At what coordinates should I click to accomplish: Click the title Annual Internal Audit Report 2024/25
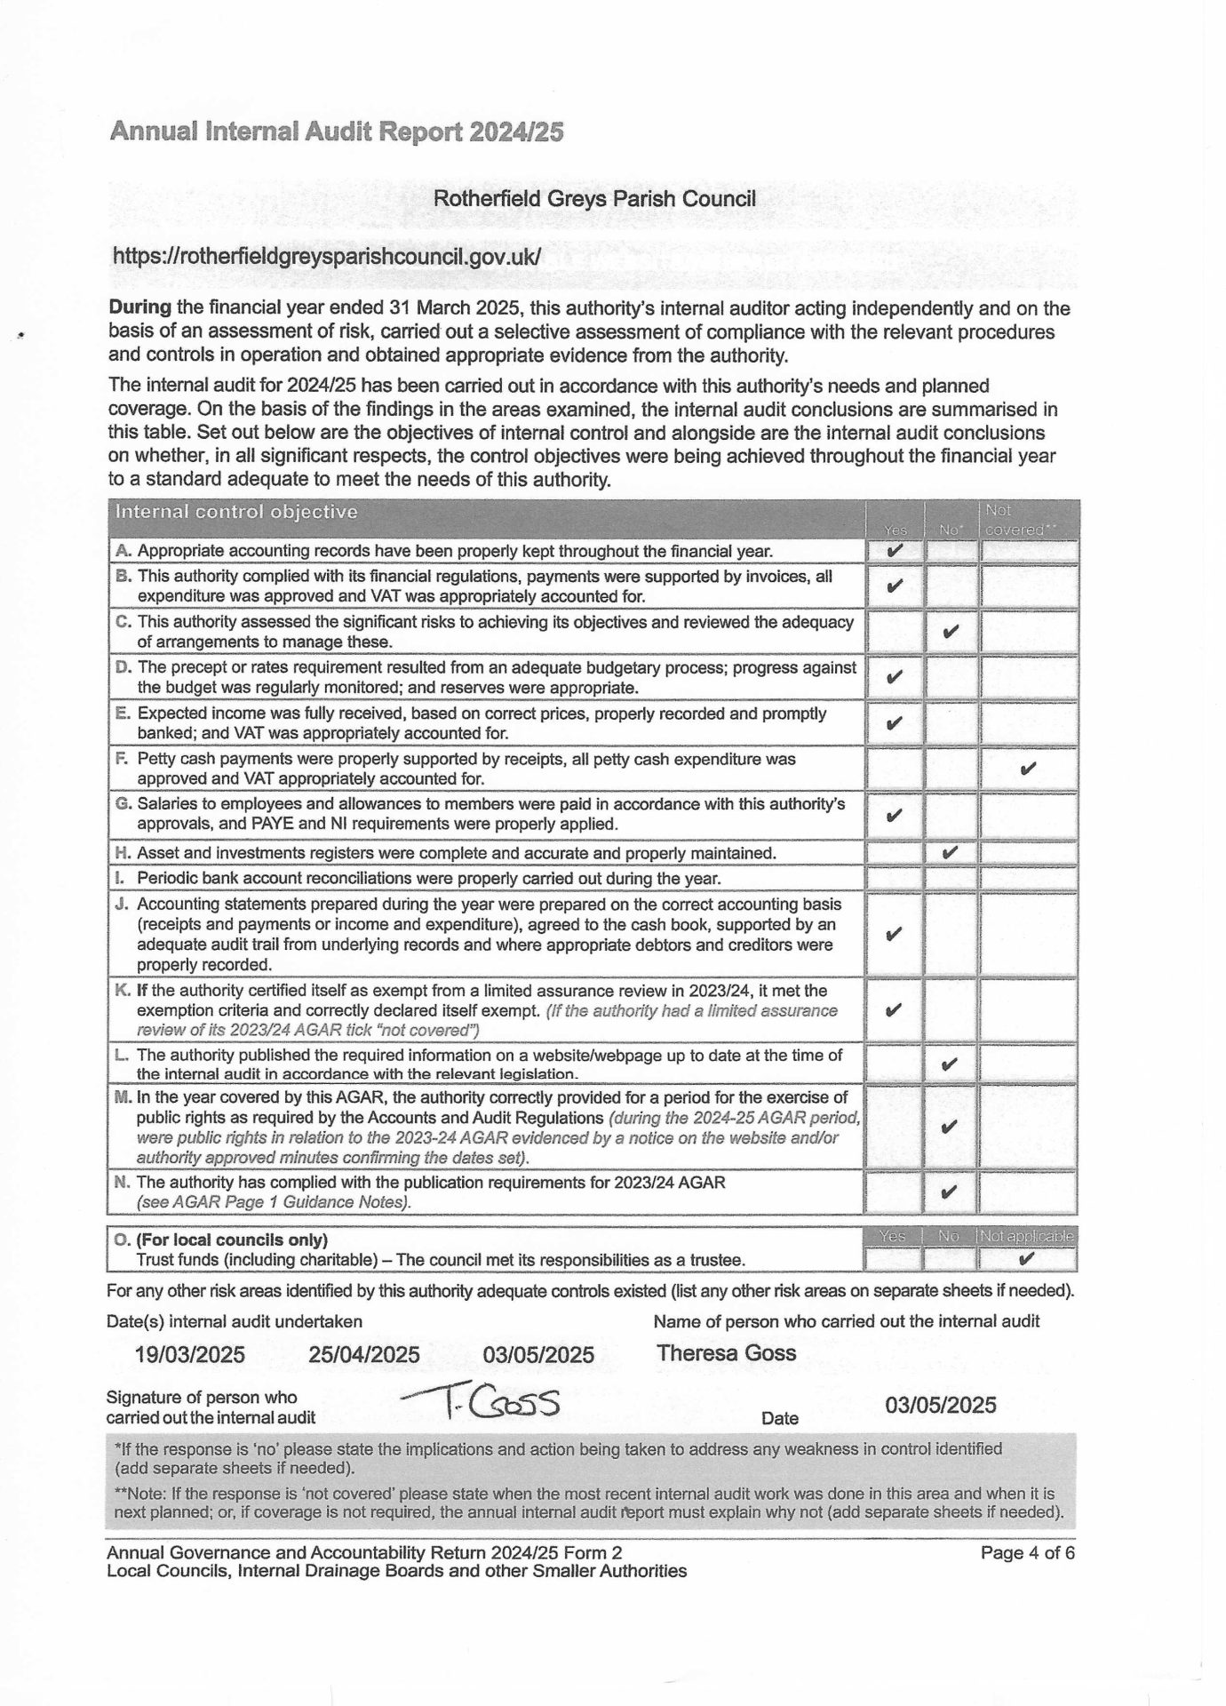(x=336, y=132)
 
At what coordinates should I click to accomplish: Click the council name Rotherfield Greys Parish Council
(x=594, y=198)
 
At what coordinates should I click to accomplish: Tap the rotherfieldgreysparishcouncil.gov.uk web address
(x=325, y=256)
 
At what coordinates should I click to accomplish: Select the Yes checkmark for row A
(x=895, y=551)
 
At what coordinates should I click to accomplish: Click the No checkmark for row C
(x=950, y=632)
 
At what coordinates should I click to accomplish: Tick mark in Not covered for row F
(x=1029, y=768)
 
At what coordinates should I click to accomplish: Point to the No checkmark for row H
(x=950, y=852)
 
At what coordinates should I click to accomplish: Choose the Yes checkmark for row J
(x=895, y=934)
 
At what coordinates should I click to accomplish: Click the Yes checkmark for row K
(x=895, y=1010)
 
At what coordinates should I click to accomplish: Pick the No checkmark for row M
(x=950, y=1127)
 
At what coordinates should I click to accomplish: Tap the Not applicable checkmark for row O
(x=1028, y=1259)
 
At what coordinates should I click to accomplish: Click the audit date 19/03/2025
(x=190, y=1354)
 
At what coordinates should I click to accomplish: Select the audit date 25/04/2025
(x=364, y=1354)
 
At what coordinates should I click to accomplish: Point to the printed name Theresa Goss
(x=726, y=1353)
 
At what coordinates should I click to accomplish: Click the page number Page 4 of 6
(x=1027, y=1553)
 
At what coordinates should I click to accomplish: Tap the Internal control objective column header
(x=237, y=513)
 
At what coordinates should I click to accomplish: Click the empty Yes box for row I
(x=895, y=878)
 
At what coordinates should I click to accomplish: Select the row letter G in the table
(x=123, y=804)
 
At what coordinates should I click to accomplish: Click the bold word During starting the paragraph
(x=139, y=309)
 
